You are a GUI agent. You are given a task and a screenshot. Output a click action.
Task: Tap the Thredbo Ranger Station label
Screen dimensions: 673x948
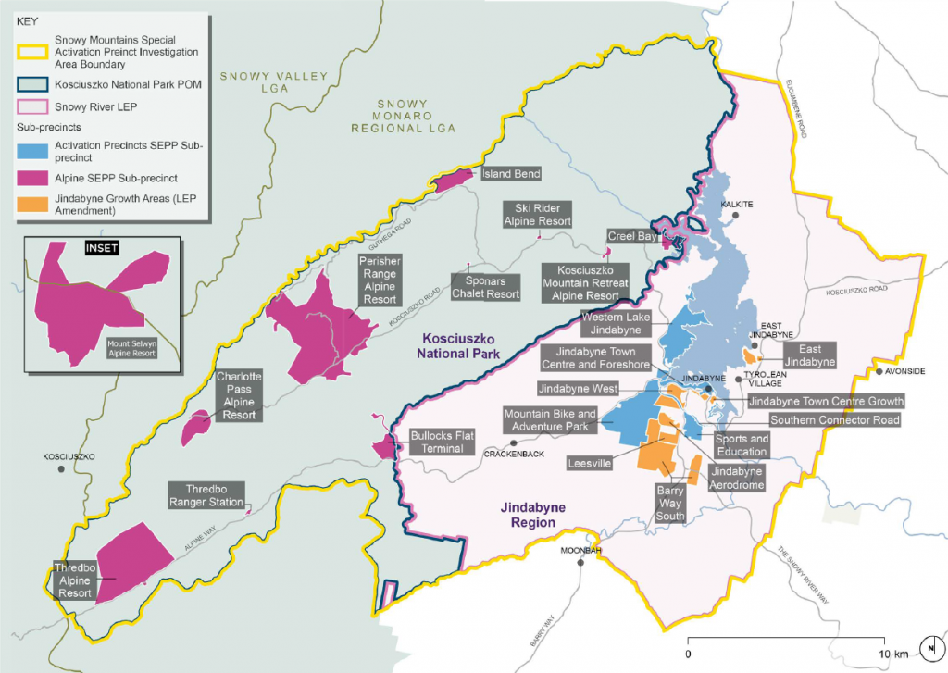pos(206,495)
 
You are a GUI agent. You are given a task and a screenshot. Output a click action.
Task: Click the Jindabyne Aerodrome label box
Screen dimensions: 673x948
pos(736,479)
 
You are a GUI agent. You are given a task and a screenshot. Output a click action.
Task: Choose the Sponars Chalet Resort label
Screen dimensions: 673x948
pos(485,286)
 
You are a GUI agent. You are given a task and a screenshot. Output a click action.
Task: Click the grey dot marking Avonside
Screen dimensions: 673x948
pos(879,372)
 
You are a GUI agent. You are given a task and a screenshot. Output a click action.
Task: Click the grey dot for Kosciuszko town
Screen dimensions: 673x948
pos(61,469)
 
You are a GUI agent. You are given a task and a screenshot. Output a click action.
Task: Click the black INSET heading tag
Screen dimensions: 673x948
pos(102,248)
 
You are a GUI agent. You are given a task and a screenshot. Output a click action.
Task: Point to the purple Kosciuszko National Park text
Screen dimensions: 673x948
pos(460,346)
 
